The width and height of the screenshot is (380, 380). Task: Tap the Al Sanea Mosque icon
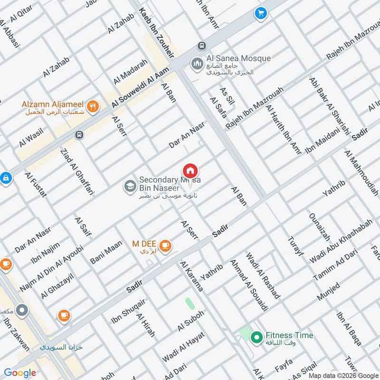point(197,63)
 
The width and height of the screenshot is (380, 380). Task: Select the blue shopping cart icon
point(260,13)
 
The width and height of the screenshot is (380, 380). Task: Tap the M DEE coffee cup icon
point(165,246)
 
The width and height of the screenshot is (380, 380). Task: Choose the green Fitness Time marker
point(257,338)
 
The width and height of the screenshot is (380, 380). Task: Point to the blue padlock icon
point(5,178)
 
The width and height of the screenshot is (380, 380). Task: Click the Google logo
point(20,373)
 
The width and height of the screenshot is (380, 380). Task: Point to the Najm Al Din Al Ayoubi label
point(51,269)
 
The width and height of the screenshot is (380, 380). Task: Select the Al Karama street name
point(191,276)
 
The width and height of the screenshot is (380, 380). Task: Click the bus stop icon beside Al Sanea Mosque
point(202,46)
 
